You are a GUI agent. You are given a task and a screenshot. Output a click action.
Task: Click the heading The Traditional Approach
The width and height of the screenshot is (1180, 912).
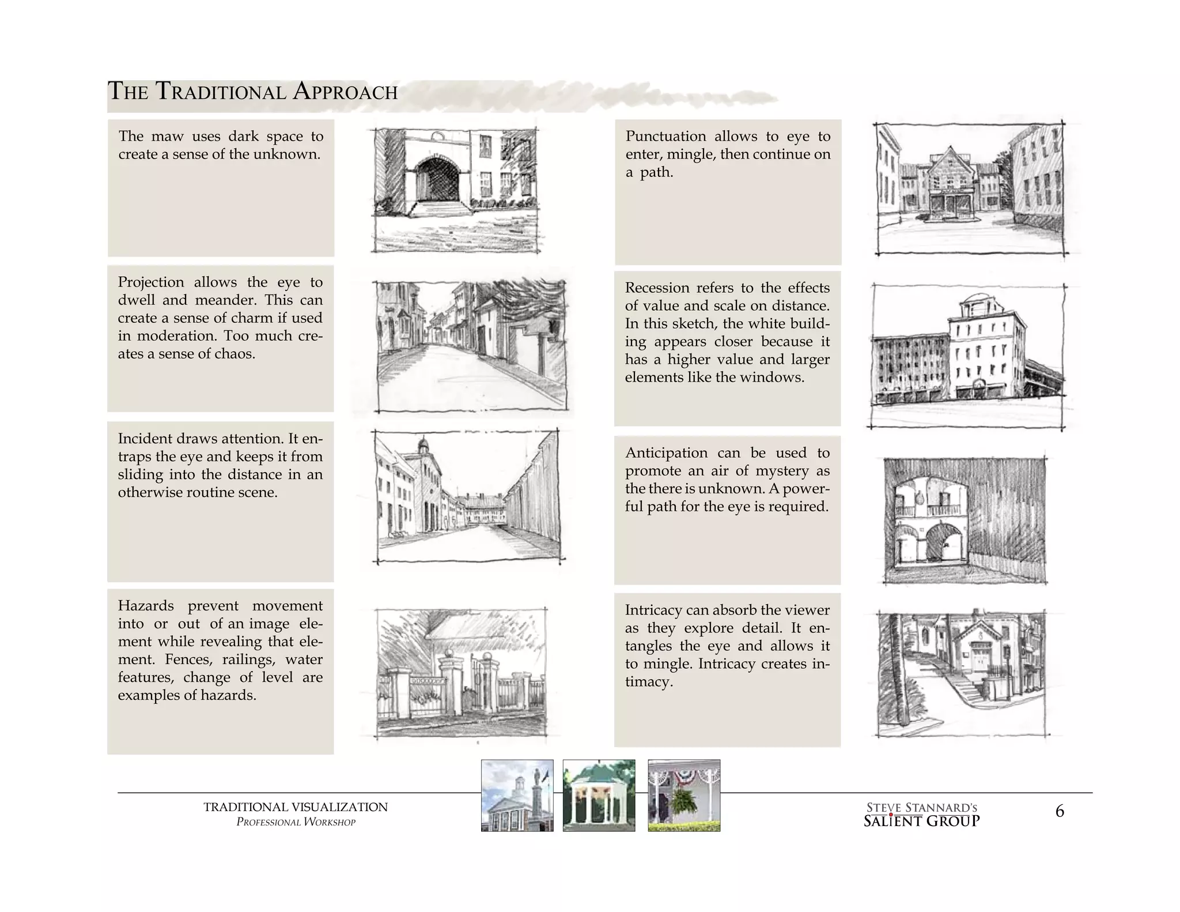[x=252, y=92]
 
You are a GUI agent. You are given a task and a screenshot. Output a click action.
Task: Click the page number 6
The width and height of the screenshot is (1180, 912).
[x=1059, y=812]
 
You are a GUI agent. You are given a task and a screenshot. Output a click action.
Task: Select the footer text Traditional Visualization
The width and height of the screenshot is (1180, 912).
[x=296, y=807]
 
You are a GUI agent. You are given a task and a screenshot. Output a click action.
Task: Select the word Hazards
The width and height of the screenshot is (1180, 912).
[x=146, y=606]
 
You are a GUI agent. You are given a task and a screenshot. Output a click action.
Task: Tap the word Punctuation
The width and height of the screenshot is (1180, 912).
[x=665, y=137]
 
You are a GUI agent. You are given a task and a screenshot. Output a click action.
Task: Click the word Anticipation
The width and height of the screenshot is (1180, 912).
[x=666, y=453]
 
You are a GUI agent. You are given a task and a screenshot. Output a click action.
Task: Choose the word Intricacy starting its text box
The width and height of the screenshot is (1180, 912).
[x=653, y=610]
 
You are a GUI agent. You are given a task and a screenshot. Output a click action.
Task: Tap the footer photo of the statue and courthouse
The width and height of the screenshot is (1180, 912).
[x=517, y=796]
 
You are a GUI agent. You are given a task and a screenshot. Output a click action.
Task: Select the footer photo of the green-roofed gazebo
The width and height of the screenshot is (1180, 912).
[x=599, y=796]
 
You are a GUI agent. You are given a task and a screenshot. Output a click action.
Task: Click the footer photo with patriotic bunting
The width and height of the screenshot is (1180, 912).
[x=684, y=796]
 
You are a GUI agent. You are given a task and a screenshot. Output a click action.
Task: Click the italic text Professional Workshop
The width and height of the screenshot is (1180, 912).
[x=296, y=822]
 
